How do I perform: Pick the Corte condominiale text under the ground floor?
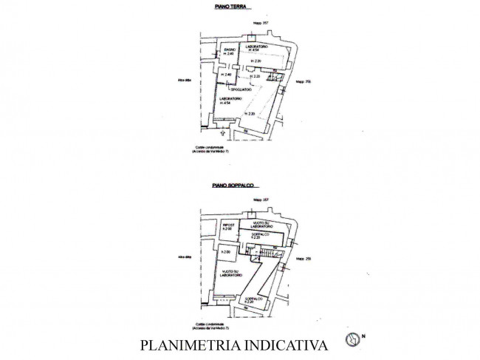pyautogui.click(x=210, y=148)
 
